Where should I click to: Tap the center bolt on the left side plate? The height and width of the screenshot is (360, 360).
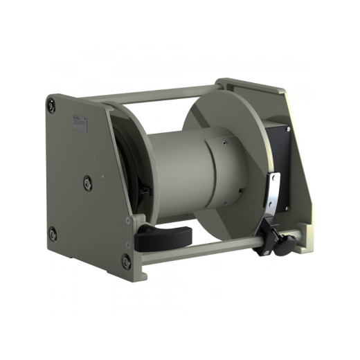click(88, 183)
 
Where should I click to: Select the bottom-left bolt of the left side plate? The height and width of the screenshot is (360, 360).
click(53, 233)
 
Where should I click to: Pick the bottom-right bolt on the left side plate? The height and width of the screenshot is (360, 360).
click(126, 261)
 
